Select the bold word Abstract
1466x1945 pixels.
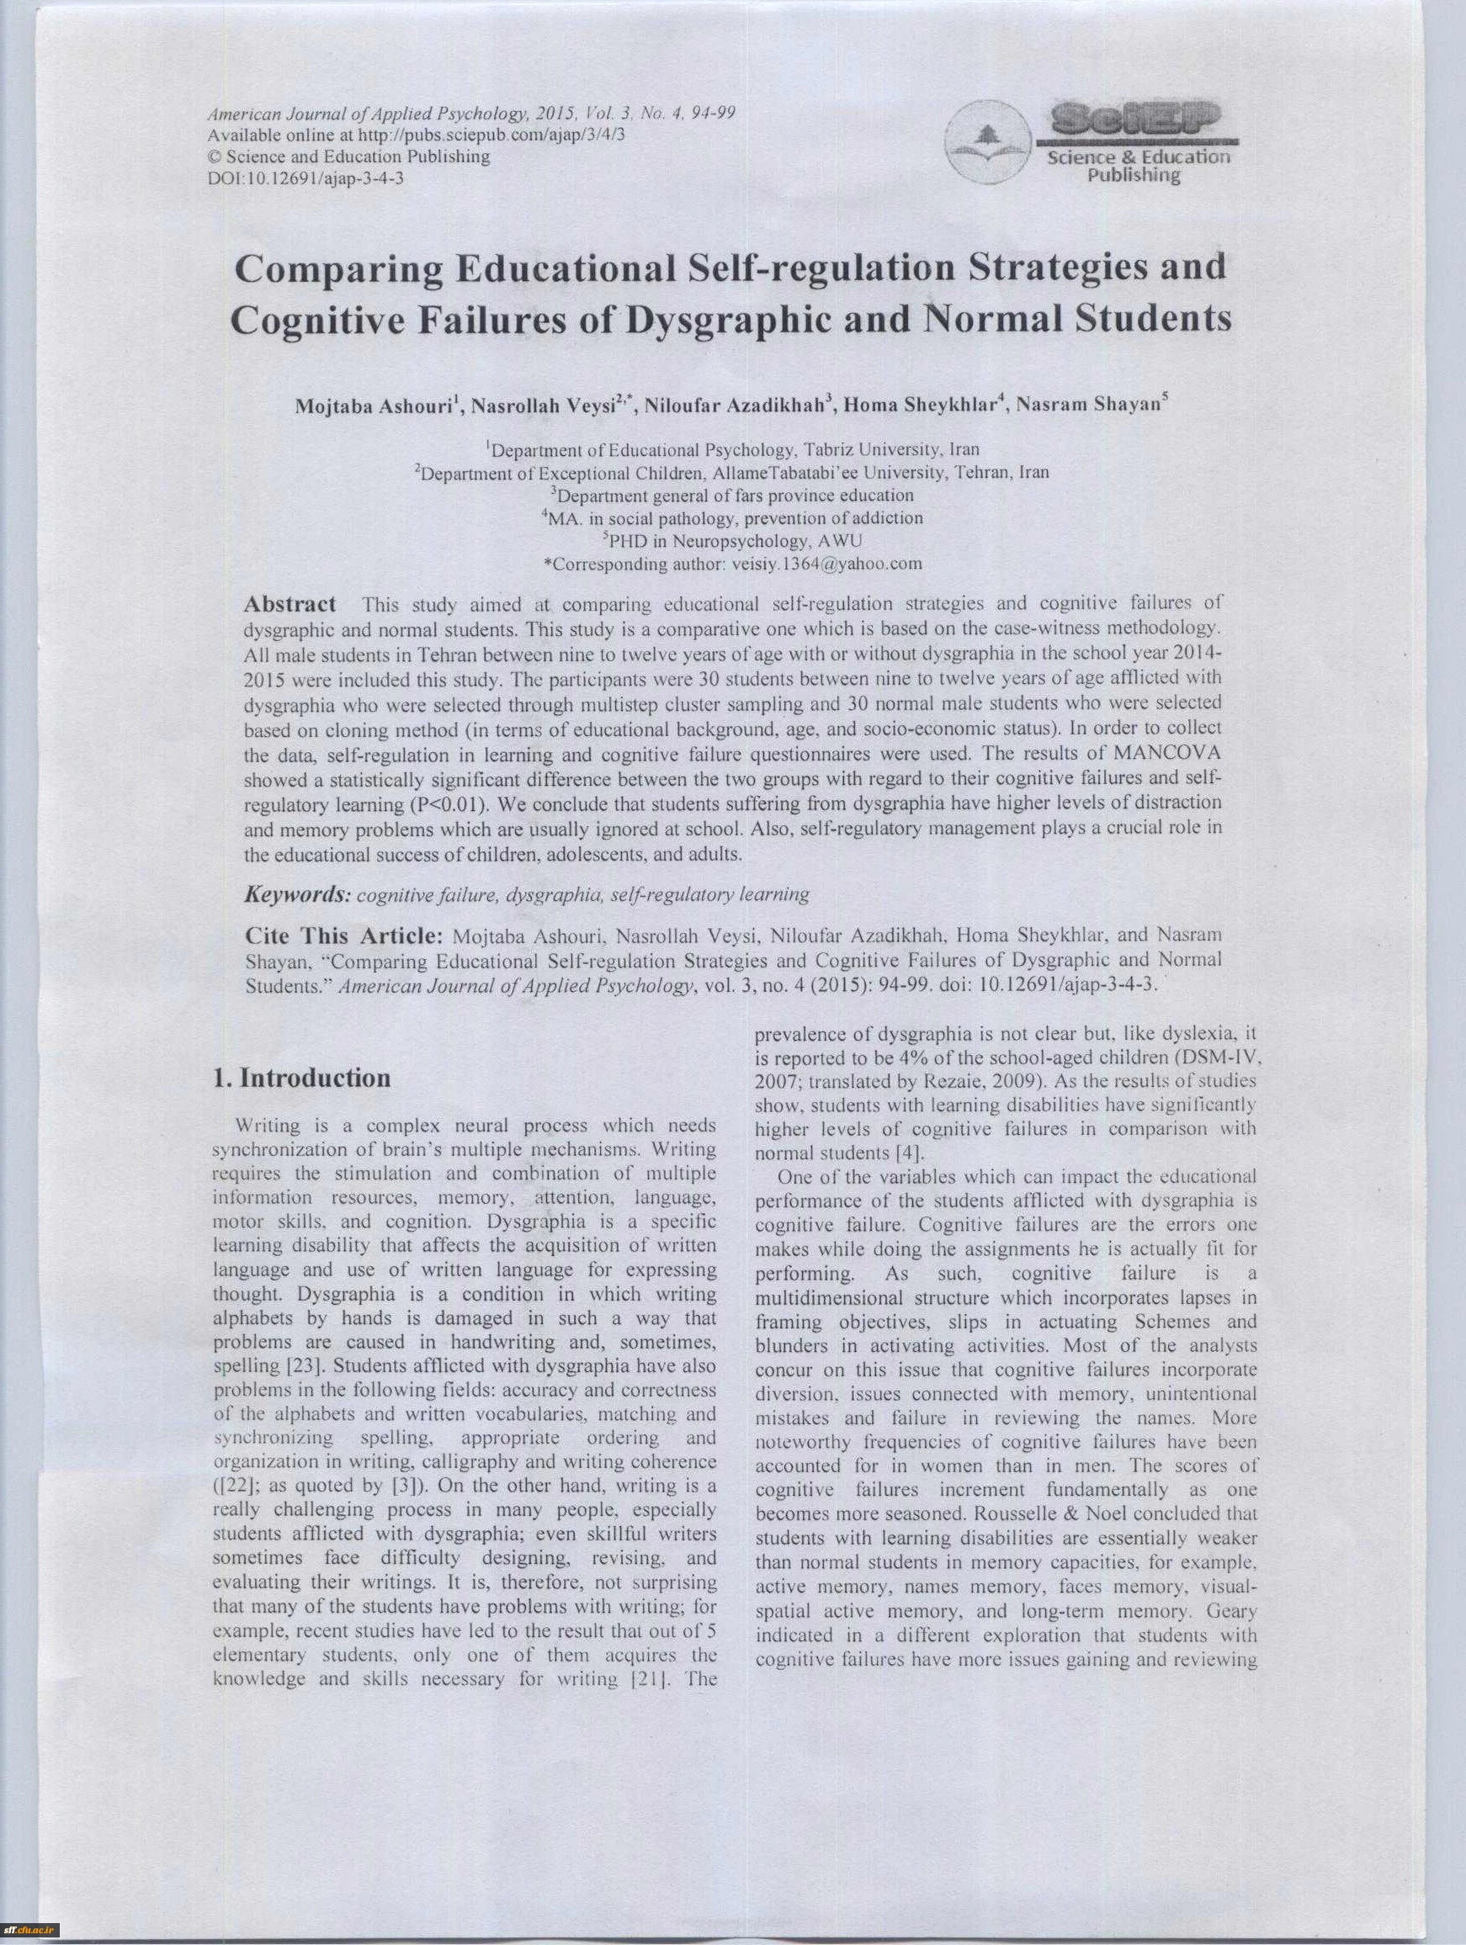289,604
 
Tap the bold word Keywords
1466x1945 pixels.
297,894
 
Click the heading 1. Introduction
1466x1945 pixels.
301,1078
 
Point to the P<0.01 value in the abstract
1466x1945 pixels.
449,804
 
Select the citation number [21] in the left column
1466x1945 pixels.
651,1678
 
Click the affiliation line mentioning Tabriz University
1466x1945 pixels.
735,450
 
